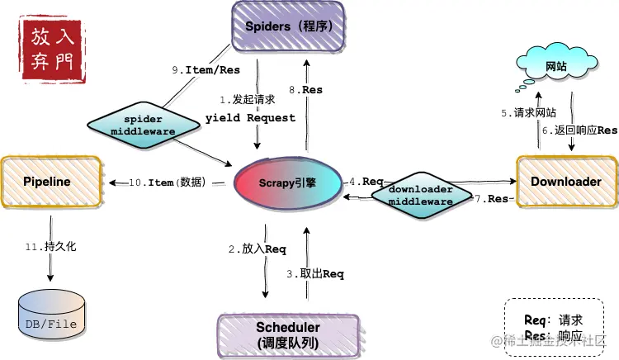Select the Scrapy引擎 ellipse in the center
[287, 182]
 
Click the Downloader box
[565, 182]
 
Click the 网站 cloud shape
[555, 65]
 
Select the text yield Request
[250, 118]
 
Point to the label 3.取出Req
[314, 273]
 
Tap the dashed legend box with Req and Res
[554, 328]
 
